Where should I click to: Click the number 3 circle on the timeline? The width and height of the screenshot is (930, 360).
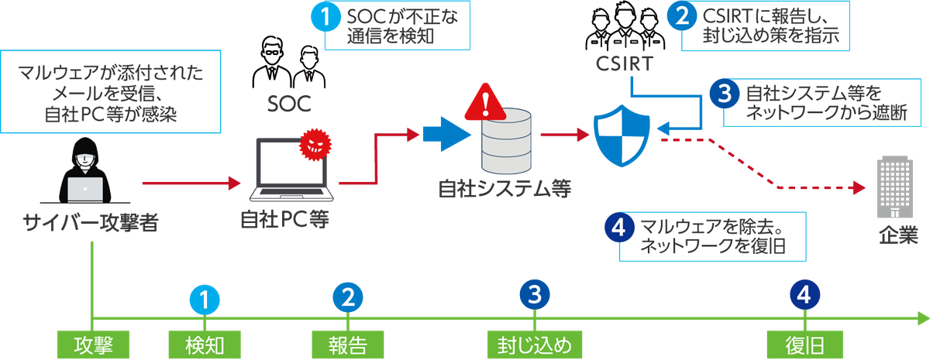(534, 294)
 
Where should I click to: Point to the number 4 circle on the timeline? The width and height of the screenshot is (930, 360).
(804, 294)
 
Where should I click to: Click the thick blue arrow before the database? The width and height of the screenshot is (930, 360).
(446, 135)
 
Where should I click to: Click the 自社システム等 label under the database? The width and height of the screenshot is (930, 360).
(505, 187)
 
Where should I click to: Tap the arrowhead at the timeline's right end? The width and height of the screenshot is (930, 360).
(922, 318)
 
